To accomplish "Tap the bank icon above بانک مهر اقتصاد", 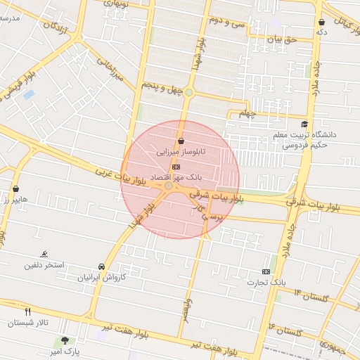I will point(176,167).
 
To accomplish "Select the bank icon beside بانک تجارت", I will point(266,271).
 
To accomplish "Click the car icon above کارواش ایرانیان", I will point(103,267).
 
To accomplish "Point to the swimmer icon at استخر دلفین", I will point(45,254).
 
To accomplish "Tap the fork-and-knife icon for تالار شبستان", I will point(27,311).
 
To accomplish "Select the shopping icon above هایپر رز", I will point(15,188).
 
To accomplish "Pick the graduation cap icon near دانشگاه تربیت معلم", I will point(304,124).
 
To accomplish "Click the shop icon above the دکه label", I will point(321,22).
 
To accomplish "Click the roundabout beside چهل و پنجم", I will point(188,92).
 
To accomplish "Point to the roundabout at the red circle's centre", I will point(169,186).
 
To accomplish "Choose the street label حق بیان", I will point(284,39).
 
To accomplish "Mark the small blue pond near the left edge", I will point(29,94).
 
